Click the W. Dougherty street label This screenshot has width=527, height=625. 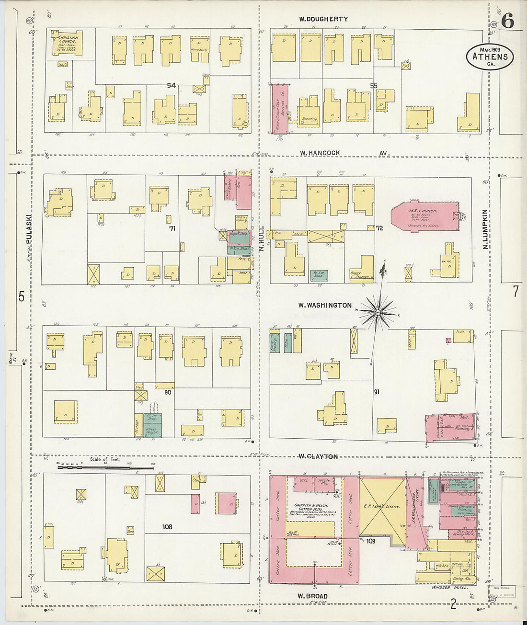click(x=323, y=19)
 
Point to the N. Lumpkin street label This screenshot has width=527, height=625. click(x=485, y=228)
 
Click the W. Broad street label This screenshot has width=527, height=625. click(x=312, y=596)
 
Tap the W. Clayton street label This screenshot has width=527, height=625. click(x=318, y=456)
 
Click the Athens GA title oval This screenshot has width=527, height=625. click(x=490, y=57)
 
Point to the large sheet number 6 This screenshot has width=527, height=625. click(x=508, y=21)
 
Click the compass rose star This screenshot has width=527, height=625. click(x=378, y=313)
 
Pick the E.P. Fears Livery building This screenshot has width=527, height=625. click(x=381, y=506)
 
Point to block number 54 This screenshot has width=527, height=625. click(x=171, y=86)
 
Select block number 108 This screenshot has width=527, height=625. click(x=167, y=527)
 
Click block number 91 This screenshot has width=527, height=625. click(x=377, y=392)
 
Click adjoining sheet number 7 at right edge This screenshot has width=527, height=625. click(x=516, y=291)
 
